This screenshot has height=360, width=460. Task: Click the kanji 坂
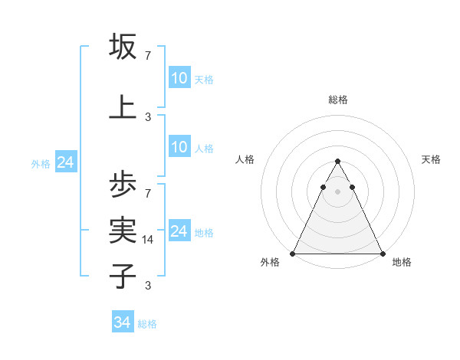[x=123, y=47]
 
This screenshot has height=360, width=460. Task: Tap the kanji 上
[x=123, y=107]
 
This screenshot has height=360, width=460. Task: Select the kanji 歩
[x=123, y=185]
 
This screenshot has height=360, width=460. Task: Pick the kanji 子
[x=123, y=275]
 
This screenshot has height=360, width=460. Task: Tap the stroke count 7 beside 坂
[x=148, y=57]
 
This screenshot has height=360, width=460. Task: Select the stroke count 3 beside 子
[x=148, y=286]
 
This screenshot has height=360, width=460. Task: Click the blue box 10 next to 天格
[x=179, y=78]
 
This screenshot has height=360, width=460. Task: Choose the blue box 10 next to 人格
[x=179, y=147]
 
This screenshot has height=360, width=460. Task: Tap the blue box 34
[x=123, y=322]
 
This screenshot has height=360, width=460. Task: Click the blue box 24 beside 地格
[x=179, y=231]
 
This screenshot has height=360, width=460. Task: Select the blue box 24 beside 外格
[x=65, y=162]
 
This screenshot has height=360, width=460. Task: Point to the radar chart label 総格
[x=338, y=100]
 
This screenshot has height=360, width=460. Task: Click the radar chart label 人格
[x=245, y=159]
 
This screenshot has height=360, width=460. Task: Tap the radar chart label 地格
[x=402, y=263]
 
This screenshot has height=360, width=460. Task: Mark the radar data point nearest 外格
[x=293, y=253]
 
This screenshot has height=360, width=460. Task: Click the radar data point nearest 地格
[x=383, y=253]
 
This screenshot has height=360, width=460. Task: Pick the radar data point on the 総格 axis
[x=338, y=162]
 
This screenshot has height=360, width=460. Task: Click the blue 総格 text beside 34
[x=147, y=324]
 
